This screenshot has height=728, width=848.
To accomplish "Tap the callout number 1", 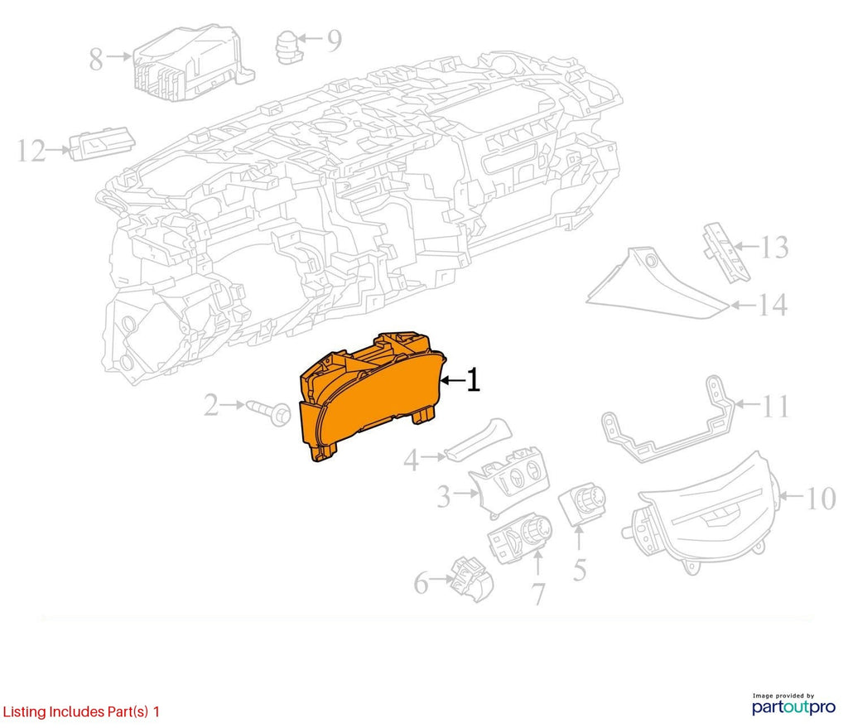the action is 473,379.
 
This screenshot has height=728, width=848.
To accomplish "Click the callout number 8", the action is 96,60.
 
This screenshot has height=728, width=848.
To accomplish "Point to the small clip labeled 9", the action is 289,47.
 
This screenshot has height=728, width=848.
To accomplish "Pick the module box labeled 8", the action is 192,62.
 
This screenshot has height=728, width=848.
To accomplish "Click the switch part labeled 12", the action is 102,143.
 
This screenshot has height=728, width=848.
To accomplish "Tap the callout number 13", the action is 774,247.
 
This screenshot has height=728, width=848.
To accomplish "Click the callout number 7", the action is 539,594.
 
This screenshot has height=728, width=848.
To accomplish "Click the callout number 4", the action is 411,460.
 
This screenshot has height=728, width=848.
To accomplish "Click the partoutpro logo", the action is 793,705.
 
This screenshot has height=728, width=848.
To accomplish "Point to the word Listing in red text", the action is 24,711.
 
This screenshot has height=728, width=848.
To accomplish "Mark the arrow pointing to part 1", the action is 452,381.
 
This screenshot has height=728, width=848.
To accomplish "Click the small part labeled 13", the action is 725,253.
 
